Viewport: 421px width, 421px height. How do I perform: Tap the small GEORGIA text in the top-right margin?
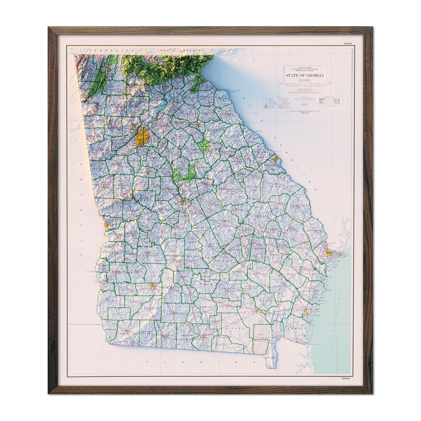pos(348,44)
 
